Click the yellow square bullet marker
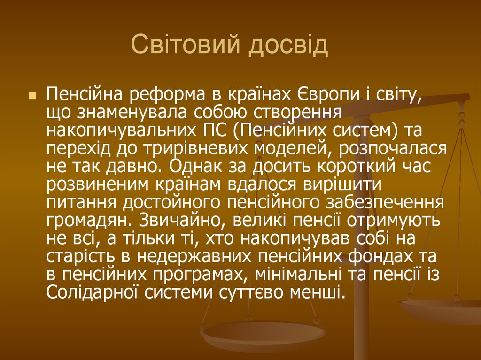tap(32, 95)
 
